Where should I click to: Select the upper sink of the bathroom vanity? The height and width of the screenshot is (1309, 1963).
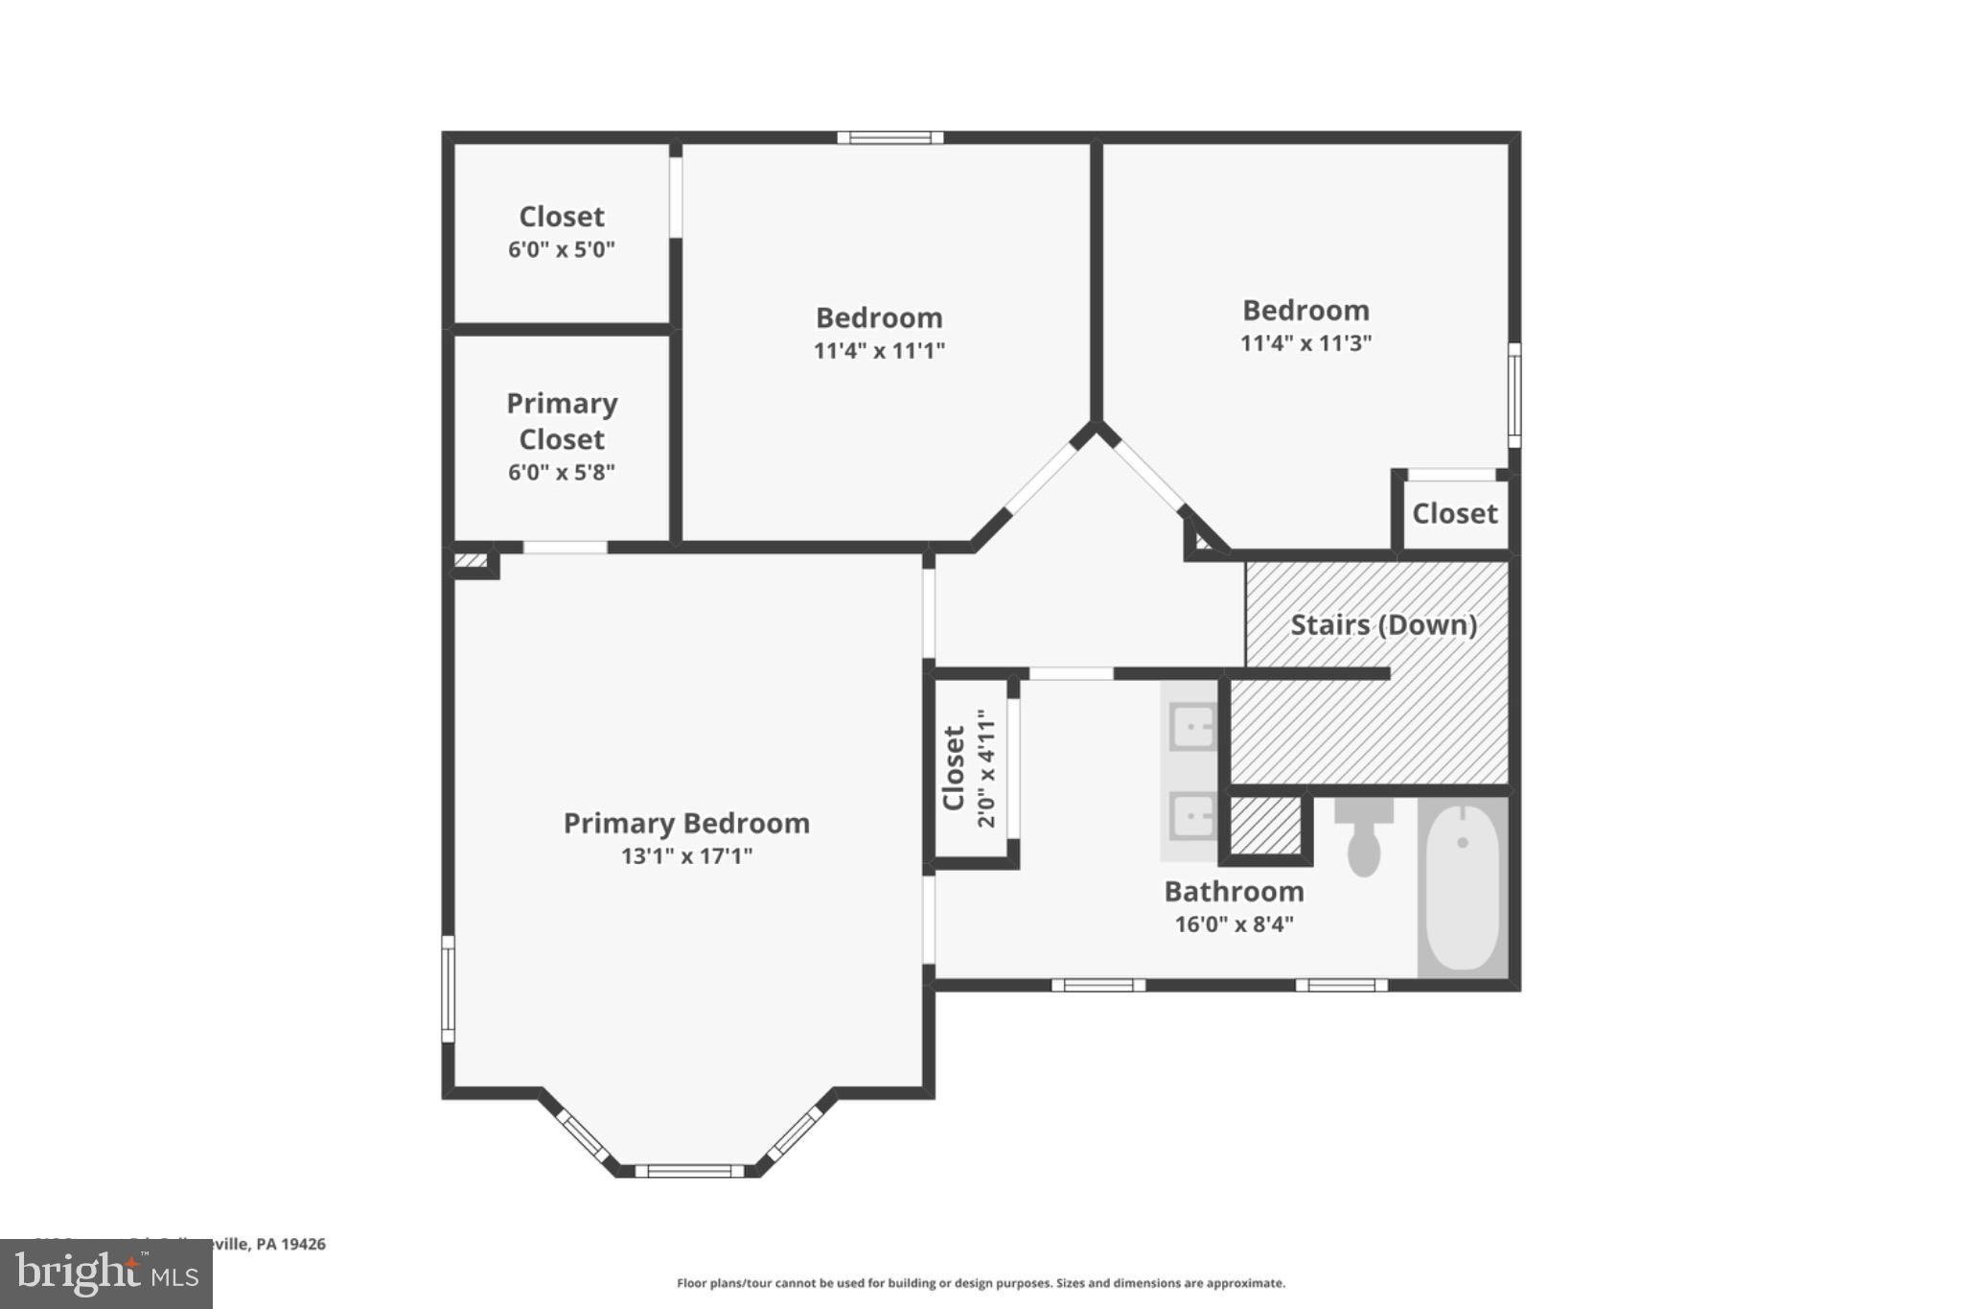[1192, 727]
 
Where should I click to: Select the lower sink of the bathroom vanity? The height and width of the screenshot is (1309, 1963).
[1192, 817]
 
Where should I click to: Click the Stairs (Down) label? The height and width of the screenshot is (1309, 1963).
[1383, 625]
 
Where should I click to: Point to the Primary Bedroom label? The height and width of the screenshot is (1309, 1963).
[686, 824]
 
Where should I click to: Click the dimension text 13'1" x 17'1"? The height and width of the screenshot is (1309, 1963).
[686, 856]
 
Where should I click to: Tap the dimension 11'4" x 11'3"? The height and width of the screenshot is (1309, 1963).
[1305, 343]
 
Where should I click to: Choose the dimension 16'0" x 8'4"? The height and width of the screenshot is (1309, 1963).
[1234, 924]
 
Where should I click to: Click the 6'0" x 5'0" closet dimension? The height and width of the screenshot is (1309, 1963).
[561, 250]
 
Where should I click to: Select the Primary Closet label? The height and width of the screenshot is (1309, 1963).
[562, 421]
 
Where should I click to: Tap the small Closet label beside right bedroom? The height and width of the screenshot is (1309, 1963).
[1454, 514]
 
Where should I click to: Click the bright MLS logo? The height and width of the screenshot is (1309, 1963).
[106, 1274]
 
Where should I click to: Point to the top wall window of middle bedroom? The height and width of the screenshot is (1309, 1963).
[889, 138]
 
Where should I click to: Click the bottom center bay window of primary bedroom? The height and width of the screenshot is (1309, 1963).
[689, 1171]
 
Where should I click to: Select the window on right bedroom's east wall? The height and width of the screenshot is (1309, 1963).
[1514, 395]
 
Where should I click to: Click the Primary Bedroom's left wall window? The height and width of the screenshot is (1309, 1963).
[448, 989]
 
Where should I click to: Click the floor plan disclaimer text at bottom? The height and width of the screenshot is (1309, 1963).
[981, 1283]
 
